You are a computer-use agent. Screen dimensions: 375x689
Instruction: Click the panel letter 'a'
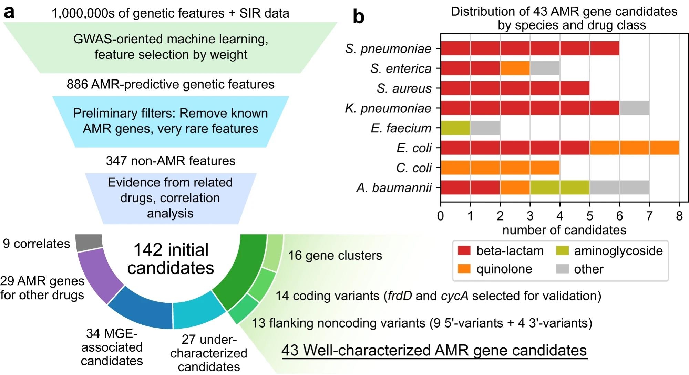(x=9, y=13)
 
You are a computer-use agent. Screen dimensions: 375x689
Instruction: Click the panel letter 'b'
(x=359, y=17)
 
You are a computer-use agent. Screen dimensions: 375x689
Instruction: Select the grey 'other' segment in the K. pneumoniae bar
(x=634, y=108)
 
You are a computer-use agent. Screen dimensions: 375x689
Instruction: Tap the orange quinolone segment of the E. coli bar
(x=634, y=148)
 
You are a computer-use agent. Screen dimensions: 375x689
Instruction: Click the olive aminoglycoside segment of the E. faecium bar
(x=455, y=128)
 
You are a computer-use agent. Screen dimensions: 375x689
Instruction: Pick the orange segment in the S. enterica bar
(x=515, y=68)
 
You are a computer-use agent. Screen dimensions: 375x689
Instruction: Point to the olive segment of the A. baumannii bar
(x=560, y=187)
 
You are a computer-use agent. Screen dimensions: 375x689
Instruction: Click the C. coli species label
(x=414, y=168)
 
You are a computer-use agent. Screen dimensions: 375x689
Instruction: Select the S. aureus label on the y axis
(x=404, y=88)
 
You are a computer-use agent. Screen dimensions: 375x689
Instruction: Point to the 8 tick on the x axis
(x=679, y=216)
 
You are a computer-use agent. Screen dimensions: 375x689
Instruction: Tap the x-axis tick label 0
(x=441, y=216)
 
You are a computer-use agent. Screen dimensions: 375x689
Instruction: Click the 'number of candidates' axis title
(x=564, y=230)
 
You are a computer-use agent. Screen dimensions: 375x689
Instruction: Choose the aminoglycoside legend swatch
(x=562, y=251)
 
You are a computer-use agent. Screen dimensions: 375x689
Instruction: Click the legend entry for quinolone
(x=504, y=269)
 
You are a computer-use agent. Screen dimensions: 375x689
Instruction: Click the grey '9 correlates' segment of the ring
(x=89, y=242)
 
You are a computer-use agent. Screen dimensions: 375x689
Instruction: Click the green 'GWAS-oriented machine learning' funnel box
(x=171, y=47)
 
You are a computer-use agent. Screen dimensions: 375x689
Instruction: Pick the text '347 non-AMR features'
(x=171, y=161)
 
